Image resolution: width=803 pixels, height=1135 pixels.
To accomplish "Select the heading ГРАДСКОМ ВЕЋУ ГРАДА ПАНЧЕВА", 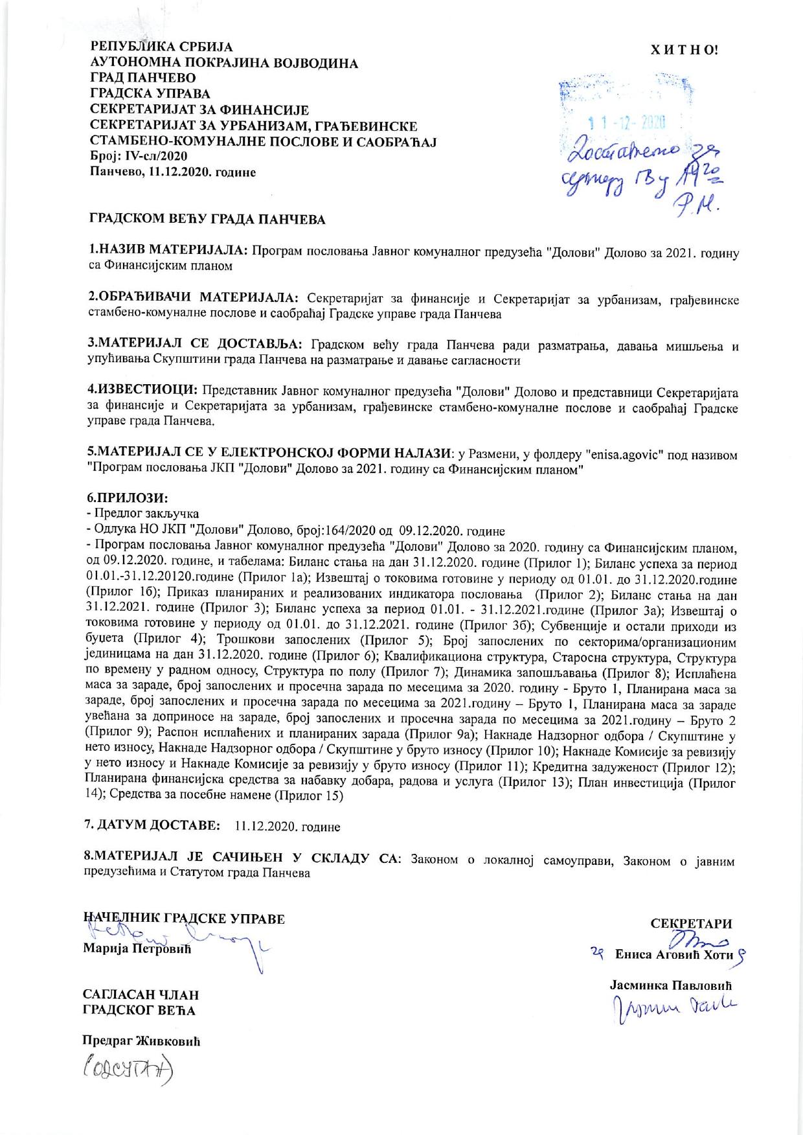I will coord(207,220).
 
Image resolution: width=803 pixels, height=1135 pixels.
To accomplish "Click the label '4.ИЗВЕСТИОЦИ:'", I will coord(142,391).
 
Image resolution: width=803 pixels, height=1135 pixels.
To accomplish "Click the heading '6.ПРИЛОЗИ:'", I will coord(128,499).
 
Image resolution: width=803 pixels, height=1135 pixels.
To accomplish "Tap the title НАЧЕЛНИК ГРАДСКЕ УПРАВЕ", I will coord(184,918).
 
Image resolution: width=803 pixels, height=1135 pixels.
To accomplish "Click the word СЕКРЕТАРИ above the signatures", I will coord(691,924).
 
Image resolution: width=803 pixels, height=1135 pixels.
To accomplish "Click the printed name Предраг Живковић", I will coord(141,1041).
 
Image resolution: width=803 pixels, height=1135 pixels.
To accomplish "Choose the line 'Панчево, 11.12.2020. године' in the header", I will coord(172,172).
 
